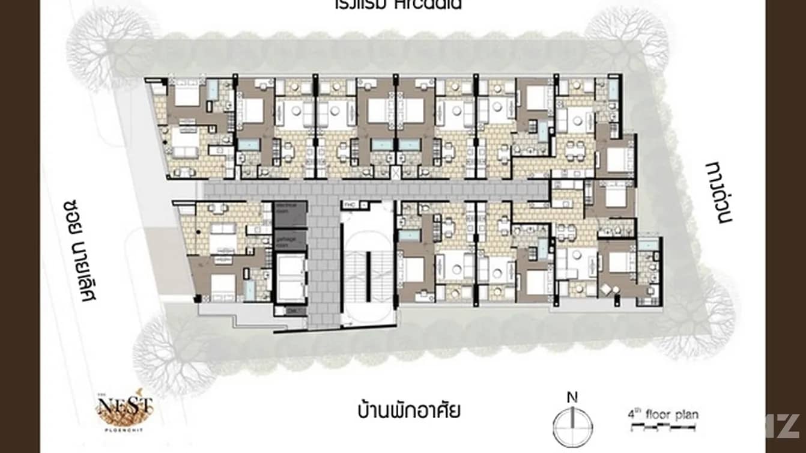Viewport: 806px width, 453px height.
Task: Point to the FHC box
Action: click(351, 205)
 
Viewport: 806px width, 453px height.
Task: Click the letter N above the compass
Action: click(573, 397)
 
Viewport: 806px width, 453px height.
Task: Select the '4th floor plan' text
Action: click(662, 415)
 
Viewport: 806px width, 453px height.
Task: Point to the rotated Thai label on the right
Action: click(720, 192)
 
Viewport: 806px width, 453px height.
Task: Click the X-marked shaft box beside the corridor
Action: click(396, 173)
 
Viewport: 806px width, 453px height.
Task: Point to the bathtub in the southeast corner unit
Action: click(648, 245)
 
